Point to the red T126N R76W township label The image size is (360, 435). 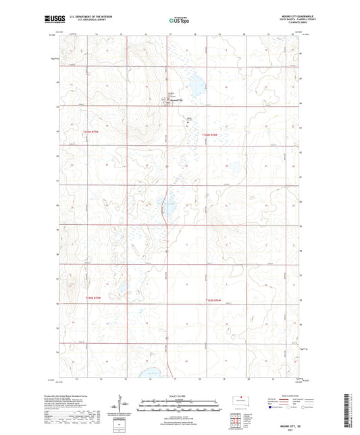[x=211, y=134]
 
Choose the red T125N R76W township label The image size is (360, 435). [x=213, y=301]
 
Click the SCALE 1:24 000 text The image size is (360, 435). [x=179, y=396]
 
